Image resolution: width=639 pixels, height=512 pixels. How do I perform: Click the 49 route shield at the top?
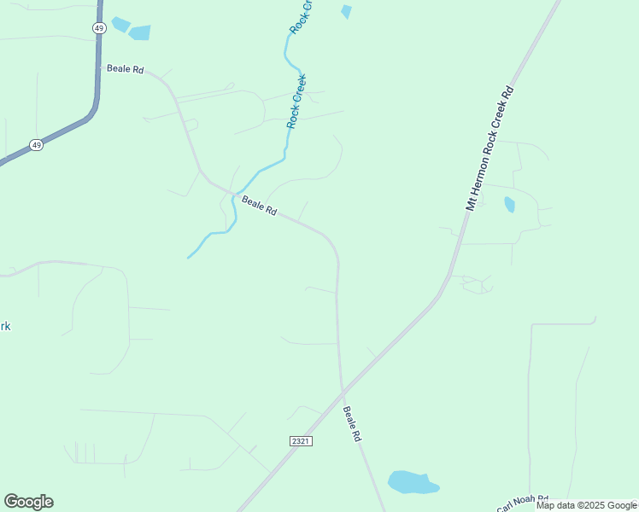point(99,28)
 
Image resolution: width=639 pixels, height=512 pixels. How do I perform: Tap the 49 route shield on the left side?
point(36,145)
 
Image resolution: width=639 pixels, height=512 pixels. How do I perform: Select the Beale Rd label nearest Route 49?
point(125,68)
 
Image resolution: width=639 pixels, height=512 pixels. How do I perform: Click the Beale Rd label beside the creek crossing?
point(259,206)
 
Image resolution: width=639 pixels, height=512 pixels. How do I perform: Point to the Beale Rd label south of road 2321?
point(353,423)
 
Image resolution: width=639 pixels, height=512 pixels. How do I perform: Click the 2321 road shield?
point(300,440)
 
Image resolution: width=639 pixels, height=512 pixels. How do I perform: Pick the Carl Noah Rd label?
point(521,503)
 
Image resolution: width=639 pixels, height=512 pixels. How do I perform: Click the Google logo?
point(28,502)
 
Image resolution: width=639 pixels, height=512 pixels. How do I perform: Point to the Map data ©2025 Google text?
point(586,505)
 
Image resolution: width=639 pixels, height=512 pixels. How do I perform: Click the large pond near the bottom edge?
point(413,482)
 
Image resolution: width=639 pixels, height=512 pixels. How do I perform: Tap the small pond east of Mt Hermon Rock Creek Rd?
point(510,205)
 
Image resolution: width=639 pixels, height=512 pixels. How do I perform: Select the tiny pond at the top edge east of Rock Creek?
point(346,12)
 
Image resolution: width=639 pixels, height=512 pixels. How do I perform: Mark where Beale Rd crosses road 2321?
point(343,392)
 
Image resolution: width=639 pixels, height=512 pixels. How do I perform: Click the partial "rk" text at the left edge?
point(5,326)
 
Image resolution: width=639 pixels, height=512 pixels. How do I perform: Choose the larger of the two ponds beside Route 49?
point(138,32)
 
